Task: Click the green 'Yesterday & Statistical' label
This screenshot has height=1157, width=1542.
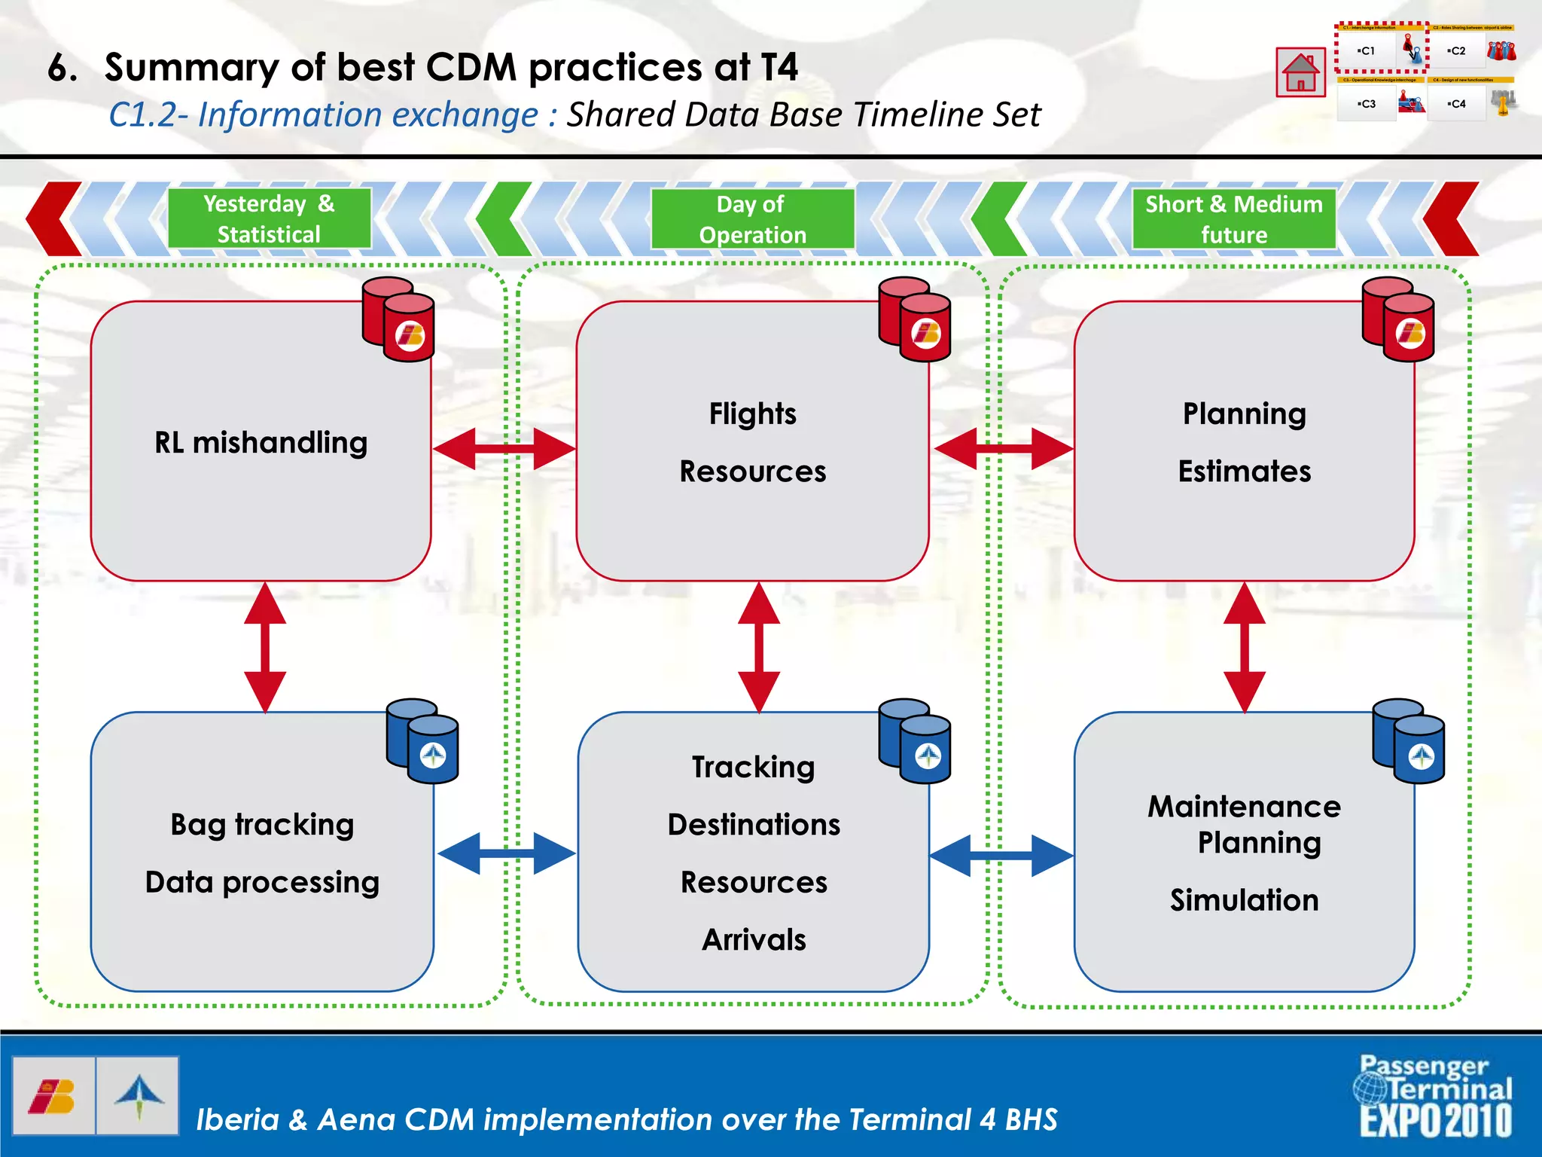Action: point(269,218)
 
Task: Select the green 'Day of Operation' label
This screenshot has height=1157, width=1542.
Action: point(751,219)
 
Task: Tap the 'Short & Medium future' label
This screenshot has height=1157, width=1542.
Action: point(1233,219)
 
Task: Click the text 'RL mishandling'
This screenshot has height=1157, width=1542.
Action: point(261,442)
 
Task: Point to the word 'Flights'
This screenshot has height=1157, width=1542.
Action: point(752,414)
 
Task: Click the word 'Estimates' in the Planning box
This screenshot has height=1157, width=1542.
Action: point(1244,471)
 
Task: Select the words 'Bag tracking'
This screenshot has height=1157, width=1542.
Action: point(262,824)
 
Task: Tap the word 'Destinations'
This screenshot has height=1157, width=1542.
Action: point(754,824)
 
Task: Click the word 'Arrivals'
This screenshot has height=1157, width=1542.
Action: point(754,939)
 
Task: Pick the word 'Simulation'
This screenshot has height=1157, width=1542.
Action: point(1244,900)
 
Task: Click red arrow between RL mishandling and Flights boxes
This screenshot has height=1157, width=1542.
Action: point(504,449)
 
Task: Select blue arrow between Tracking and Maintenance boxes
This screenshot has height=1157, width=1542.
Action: point(1001,855)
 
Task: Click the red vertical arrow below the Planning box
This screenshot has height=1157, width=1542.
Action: point(1244,648)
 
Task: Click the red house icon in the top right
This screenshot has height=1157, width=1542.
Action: point(1300,72)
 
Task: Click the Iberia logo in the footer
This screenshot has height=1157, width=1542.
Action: point(53,1096)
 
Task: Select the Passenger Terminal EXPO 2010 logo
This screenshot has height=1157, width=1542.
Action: point(1434,1096)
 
